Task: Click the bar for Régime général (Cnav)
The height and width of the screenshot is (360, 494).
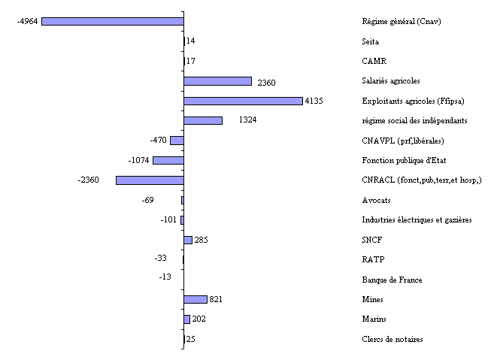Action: point(112,21)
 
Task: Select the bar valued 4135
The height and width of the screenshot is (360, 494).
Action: point(243,101)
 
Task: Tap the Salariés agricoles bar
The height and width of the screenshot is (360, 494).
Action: point(217,81)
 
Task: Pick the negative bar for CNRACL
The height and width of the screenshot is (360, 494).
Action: point(150,180)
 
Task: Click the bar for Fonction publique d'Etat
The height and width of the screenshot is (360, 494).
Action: point(168,160)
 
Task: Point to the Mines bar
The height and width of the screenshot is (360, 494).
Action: point(195,299)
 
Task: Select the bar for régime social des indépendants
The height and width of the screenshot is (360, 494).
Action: point(203,120)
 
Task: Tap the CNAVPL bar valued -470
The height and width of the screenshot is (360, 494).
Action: point(177,141)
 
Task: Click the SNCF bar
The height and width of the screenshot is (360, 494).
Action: point(188,240)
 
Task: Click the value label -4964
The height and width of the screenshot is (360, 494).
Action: point(28,21)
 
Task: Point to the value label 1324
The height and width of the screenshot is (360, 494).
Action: point(248,120)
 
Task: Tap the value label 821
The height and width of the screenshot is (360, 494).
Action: point(216,299)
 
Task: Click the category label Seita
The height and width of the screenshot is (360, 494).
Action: point(371,41)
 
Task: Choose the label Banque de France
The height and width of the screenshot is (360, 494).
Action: point(392,280)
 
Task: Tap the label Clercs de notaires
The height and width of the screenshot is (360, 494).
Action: point(392,339)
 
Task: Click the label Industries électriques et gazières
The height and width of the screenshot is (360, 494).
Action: point(417,220)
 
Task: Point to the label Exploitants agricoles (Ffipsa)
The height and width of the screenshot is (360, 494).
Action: point(413,101)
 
